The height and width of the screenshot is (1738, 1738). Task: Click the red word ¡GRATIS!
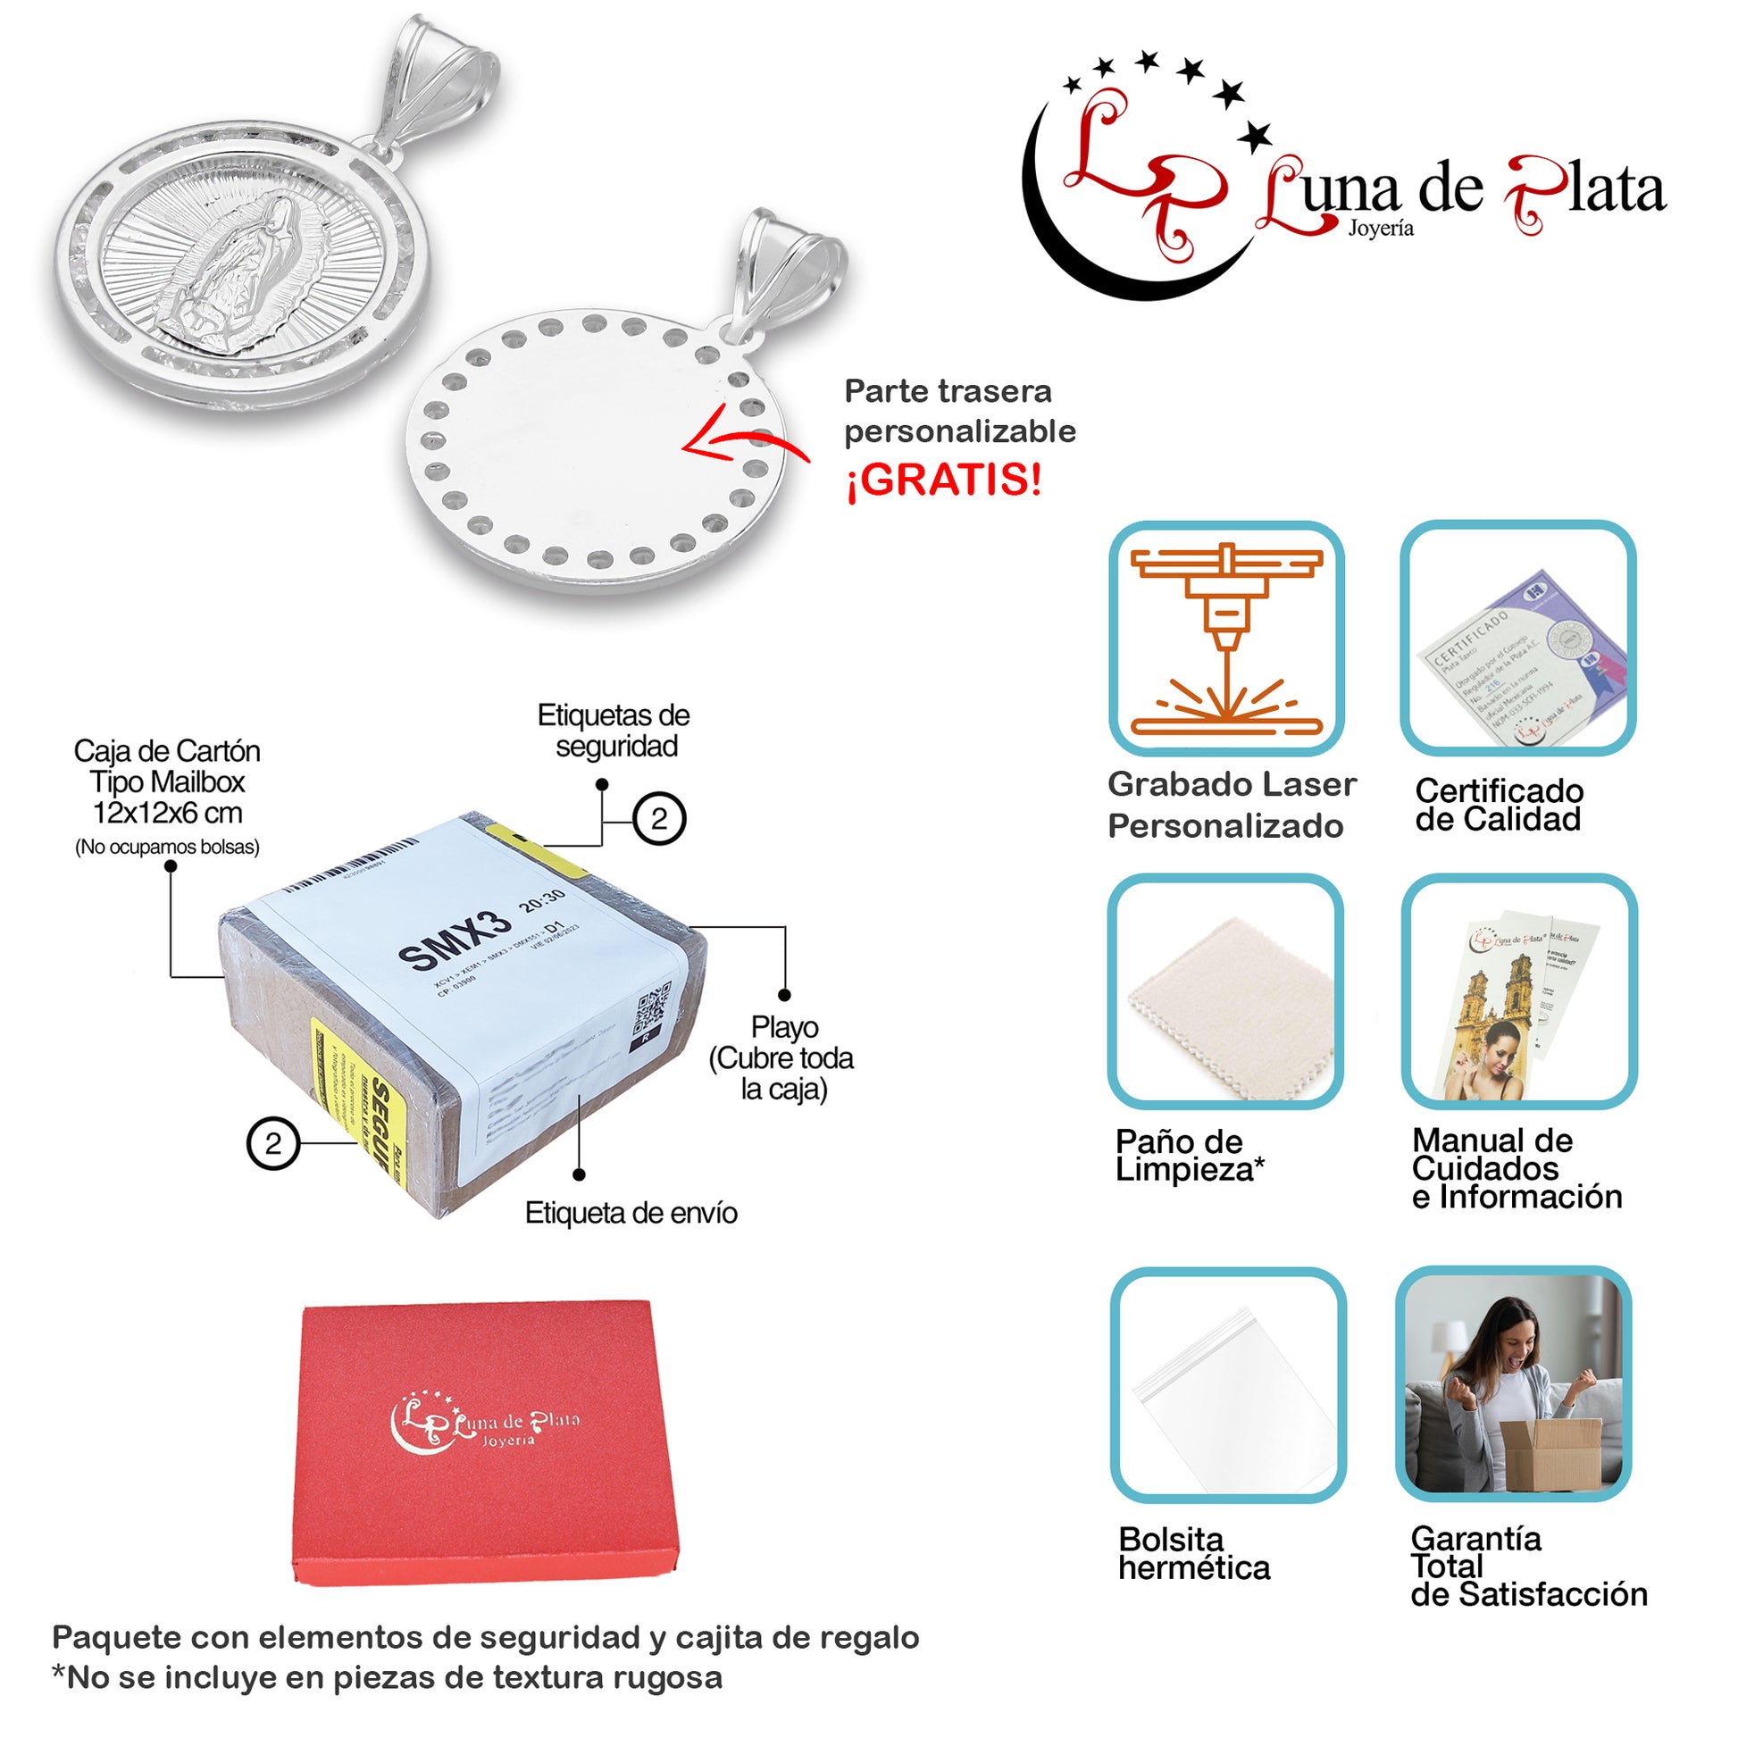943,480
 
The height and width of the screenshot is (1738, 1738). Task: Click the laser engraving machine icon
1226,639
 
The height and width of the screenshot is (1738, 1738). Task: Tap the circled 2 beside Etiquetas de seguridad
659,819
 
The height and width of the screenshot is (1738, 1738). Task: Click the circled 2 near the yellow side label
272,1143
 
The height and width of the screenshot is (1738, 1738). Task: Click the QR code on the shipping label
655,1007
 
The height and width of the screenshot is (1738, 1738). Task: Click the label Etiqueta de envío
631,1213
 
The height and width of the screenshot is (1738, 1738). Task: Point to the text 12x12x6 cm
167,814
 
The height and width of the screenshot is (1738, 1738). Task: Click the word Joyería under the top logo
1381,229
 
